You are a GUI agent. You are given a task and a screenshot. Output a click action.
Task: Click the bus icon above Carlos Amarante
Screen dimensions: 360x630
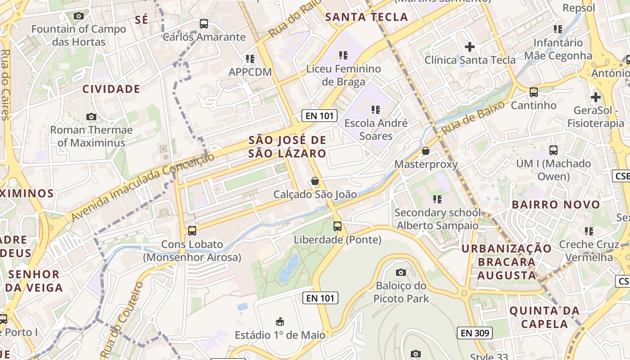click(x=204, y=24)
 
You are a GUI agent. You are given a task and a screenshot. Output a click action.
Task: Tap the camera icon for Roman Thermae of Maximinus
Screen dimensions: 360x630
click(x=91, y=117)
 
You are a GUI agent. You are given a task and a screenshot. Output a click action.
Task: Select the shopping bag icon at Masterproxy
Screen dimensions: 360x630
click(x=426, y=151)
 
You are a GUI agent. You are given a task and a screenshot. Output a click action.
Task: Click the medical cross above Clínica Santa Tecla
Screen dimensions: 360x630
click(x=470, y=46)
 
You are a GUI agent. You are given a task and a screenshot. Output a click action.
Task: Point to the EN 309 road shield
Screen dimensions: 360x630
click(x=475, y=333)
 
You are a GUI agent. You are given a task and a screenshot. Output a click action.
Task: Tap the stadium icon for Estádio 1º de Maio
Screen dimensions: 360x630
click(x=280, y=321)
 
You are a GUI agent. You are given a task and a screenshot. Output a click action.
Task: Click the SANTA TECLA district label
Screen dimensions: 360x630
click(x=366, y=17)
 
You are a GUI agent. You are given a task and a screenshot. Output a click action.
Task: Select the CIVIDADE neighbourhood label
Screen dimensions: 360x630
click(x=111, y=89)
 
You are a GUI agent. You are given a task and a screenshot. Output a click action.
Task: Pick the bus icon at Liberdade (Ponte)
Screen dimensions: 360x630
click(x=337, y=226)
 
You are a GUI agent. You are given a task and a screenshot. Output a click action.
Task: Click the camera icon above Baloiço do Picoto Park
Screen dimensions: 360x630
click(x=400, y=272)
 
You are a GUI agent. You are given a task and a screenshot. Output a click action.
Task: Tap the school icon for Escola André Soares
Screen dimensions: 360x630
click(x=376, y=109)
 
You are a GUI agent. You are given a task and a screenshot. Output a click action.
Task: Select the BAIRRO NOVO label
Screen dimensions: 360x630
click(x=556, y=205)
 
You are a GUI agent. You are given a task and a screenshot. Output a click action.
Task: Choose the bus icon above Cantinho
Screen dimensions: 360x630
click(x=534, y=92)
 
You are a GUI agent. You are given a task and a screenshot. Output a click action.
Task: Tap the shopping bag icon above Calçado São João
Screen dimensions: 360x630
click(x=315, y=181)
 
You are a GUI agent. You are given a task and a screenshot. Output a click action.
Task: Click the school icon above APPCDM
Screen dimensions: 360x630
click(x=250, y=58)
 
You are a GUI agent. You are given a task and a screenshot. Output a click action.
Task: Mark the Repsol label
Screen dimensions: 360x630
click(x=579, y=8)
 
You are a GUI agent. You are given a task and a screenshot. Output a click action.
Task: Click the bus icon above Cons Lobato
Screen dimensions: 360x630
click(x=192, y=231)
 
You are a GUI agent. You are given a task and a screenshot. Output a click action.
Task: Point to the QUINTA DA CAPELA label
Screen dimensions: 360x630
click(x=544, y=317)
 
